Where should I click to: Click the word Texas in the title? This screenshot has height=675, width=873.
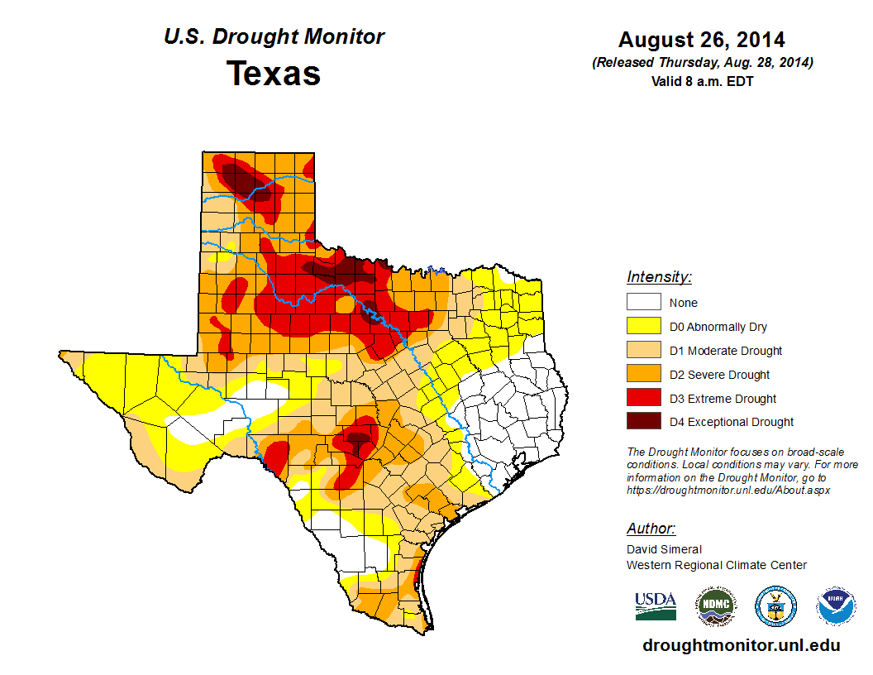point(274,74)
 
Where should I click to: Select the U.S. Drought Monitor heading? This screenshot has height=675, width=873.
point(274,37)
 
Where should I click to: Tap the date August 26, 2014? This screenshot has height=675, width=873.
point(702,40)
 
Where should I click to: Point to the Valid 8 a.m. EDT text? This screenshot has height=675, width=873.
point(702,81)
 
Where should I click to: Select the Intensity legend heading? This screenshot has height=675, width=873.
point(659,277)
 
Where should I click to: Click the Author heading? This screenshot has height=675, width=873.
point(651,529)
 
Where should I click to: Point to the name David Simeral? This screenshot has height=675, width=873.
point(664,549)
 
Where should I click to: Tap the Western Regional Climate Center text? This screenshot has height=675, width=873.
point(716,565)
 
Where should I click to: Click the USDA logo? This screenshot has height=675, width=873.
point(656,606)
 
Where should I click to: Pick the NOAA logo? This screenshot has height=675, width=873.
point(836,607)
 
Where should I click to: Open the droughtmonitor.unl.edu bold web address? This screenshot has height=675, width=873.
point(742,645)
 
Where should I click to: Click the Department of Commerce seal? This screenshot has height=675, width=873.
point(775,607)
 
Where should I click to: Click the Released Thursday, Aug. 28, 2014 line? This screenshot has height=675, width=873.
point(702,63)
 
